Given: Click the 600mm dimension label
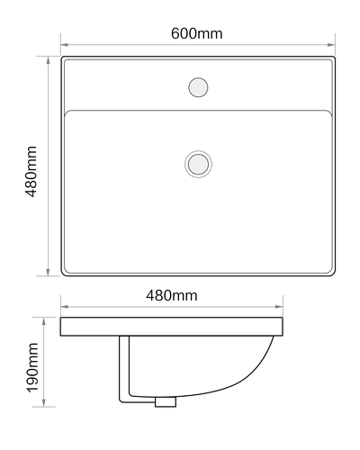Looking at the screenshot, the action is (x=196, y=33).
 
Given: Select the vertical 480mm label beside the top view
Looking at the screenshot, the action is (x=31, y=171).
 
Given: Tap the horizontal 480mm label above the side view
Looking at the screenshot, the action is (x=172, y=295).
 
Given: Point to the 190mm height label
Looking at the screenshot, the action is (x=32, y=367).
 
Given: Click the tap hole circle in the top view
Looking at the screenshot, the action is (x=198, y=87).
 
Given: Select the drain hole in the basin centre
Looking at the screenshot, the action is (x=198, y=164).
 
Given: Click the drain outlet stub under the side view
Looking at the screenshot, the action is (x=166, y=402).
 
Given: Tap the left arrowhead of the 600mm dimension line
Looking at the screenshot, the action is (x=65, y=45).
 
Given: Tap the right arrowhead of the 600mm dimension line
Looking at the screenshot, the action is (x=331, y=45).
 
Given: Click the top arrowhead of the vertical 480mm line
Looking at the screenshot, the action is (x=48, y=60).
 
